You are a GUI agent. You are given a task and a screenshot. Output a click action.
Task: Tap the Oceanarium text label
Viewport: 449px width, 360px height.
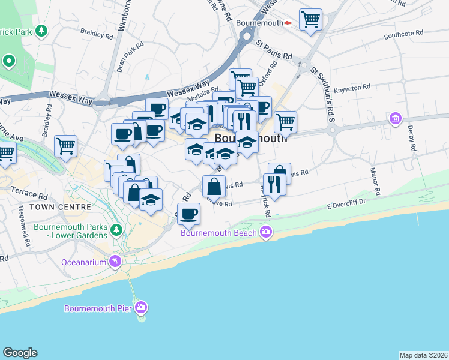pos(83,262)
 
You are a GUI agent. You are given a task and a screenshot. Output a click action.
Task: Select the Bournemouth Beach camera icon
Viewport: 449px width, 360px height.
pos(266,232)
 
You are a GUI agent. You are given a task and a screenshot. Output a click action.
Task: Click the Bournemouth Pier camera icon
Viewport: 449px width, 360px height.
pos(141,308)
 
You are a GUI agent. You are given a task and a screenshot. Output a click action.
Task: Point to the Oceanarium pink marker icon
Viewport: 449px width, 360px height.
pos(115,262)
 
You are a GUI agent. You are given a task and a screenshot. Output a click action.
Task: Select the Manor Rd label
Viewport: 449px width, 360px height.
pos(375,182)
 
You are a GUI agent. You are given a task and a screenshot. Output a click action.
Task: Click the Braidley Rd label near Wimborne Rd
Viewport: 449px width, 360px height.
pos(97,36)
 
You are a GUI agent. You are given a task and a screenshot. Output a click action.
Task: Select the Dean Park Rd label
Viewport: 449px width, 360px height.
pos(130,57)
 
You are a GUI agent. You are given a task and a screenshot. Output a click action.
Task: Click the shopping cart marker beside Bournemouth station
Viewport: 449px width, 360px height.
pos(310,20)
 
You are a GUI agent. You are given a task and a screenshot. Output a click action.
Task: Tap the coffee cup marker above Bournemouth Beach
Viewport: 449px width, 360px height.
pos(189,214)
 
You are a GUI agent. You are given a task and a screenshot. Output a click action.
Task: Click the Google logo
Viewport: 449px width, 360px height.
pos(20,353)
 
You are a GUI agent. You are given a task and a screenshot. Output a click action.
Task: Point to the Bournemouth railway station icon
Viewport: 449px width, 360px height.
pos(288,23)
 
